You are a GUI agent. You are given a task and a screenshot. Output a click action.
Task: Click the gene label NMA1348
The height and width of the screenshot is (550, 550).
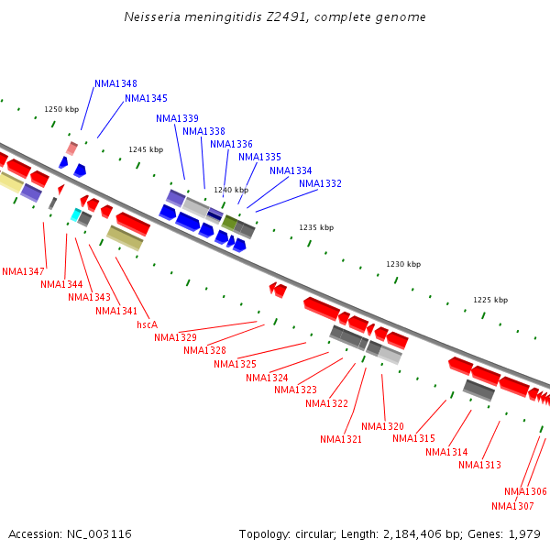coord(115,83)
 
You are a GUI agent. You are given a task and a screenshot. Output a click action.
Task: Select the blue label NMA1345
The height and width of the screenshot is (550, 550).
coord(146,98)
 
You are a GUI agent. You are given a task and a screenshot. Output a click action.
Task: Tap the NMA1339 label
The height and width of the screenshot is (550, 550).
coord(177,118)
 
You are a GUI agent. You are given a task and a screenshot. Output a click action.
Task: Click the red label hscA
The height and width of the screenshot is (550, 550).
coord(147,324)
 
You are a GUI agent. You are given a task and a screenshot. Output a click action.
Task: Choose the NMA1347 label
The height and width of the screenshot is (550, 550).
coord(23,271)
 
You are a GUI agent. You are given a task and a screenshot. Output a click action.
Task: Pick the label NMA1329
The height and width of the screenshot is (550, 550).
coord(175,337)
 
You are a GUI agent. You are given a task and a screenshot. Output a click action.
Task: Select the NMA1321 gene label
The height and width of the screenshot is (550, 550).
coord(341,439)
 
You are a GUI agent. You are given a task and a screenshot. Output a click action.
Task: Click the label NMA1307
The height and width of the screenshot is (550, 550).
coord(512,506)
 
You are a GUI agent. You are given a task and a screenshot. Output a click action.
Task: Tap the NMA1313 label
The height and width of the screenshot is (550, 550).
coord(479,465)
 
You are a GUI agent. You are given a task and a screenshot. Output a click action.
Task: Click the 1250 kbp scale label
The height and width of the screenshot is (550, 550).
coord(61,109)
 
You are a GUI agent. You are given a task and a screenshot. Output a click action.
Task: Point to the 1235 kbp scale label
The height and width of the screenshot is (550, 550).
coord(316,227)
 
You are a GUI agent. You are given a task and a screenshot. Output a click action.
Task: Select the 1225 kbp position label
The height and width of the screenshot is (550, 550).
coord(490,300)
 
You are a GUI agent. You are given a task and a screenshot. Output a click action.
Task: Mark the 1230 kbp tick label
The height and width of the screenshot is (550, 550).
coord(403,264)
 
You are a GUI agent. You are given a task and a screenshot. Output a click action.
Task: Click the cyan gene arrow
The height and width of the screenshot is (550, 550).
coord(76,214)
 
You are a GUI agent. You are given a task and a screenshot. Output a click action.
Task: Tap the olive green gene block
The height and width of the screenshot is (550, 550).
coord(229,222)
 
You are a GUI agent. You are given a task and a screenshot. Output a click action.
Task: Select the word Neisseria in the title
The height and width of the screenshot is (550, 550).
coord(155,17)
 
